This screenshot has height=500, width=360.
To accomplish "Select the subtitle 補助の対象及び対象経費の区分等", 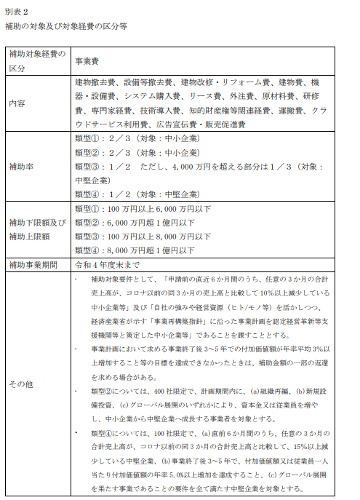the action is click(65, 26).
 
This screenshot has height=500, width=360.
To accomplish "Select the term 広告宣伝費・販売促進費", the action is click(201, 124).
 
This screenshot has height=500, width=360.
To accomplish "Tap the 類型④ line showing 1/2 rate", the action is click(137, 194).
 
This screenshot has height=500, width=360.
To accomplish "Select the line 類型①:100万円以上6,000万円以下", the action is click(143, 209).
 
